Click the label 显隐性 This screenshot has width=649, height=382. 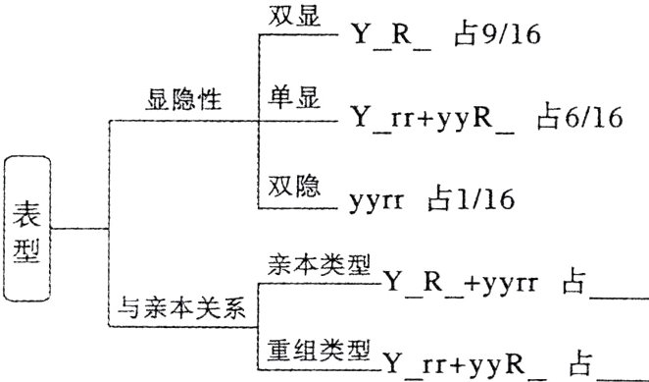(184, 100)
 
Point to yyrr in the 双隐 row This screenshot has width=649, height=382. (380, 202)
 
